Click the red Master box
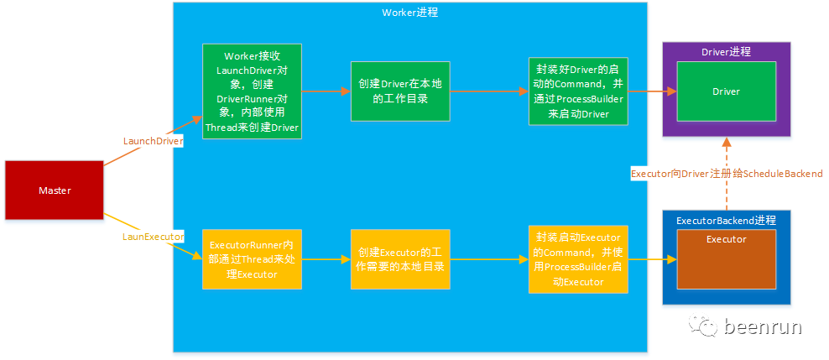(55, 190)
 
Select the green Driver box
(726, 91)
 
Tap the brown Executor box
(726, 257)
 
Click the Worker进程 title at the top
(409, 13)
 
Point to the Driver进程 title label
(726, 52)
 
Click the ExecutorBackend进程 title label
(726, 220)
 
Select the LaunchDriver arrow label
(153, 141)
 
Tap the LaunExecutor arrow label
(153, 237)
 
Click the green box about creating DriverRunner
(252, 91)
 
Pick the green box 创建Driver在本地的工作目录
(400, 91)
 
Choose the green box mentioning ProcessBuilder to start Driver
(578, 91)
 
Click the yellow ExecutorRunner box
(252, 258)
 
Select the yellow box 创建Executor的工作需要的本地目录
(400, 259)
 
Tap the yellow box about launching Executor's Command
(578, 258)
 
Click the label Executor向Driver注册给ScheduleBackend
(726, 174)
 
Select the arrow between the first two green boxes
(326, 91)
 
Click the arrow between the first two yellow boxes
(326, 259)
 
